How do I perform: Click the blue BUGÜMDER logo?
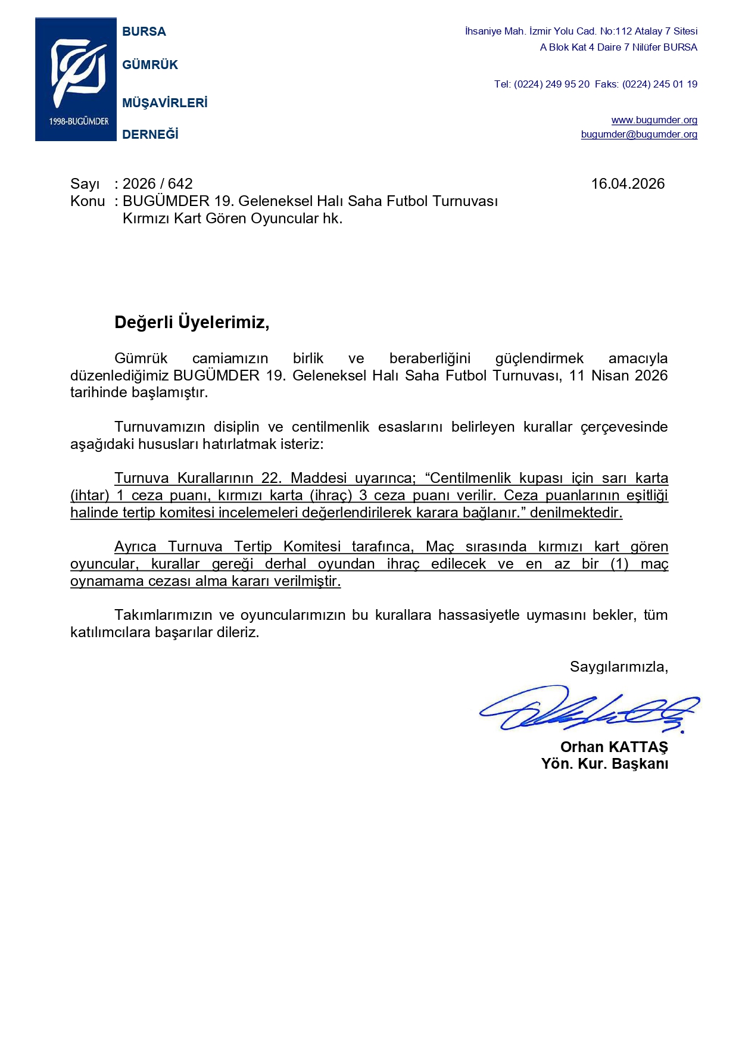click(76, 79)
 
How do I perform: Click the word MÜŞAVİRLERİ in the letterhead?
click(164, 103)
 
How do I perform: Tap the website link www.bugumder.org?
click(654, 120)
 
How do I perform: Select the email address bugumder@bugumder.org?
click(639, 135)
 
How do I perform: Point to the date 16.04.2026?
click(628, 184)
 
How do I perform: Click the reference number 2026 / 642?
click(158, 184)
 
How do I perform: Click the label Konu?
click(87, 201)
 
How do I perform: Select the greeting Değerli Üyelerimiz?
click(192, 323)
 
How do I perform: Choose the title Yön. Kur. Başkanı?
click(604, 764)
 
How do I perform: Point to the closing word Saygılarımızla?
click(619, 667)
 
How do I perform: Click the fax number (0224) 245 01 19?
click(660, 85)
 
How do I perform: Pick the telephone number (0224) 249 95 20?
click(551, 85)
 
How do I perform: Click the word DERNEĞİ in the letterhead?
click(150, 135)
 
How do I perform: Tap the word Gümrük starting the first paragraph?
click(141, 358)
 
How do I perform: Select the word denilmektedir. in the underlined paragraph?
click(576, 513)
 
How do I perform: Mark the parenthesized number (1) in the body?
click(619, 564)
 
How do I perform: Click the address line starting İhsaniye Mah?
click(581, 32)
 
